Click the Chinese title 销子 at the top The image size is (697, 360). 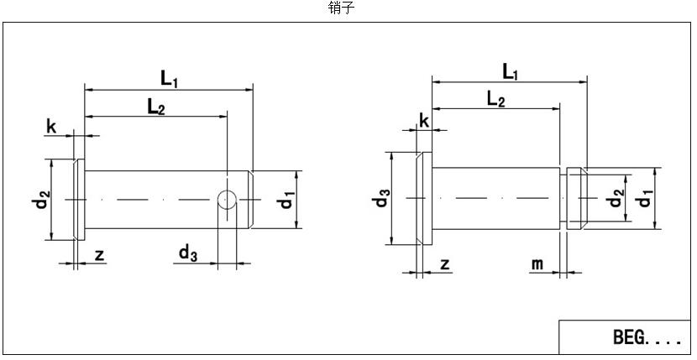341,8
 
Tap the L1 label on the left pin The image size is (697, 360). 169,78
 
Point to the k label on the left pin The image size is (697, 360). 51,127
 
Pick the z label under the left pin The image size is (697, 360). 99,255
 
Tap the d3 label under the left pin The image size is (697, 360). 187,252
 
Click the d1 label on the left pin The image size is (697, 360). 287,200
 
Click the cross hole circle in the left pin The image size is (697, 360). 227,199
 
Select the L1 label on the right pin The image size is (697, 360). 510,72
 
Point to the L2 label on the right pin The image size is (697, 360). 495,99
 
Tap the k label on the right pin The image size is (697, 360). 424,121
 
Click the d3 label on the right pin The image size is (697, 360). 382,199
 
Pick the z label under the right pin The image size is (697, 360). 445,263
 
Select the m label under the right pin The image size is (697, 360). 537,264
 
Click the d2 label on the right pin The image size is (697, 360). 616,199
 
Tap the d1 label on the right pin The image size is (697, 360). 644,199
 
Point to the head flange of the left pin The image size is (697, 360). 79,200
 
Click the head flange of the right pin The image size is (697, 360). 425,199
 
